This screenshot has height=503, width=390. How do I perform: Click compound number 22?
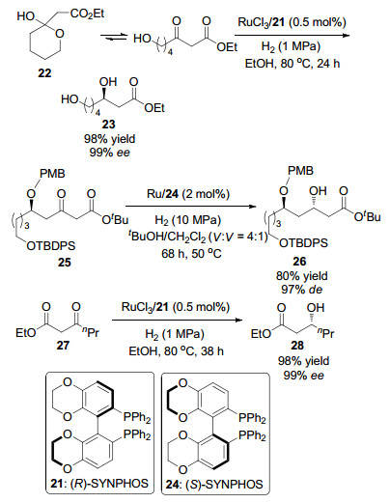tap(44, 73)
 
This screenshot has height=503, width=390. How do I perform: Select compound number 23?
tap(108, 125)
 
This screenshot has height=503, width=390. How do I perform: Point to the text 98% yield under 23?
tap(109, 139)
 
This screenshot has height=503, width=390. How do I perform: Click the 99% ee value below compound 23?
tap(109, 152)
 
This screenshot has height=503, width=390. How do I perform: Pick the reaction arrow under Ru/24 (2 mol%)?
tap(192, 207)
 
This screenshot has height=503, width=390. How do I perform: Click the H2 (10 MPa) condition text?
tap(188, 220)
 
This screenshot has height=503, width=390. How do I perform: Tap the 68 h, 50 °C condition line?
tap(191, 254)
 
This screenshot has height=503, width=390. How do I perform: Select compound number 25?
tap(64, 263)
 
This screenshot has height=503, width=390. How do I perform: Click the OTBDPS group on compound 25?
tap(51, 246)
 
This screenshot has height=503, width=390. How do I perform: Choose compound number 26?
tap(299, 262)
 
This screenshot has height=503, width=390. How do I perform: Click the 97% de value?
tap(301, 290)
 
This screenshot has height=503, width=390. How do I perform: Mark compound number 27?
tap(63, 345)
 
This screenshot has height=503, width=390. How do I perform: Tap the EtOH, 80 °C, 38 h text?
tap(176, 350)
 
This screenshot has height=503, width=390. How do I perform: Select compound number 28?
tap(297, 346)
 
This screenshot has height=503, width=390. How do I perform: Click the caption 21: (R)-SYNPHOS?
tap(99, 483)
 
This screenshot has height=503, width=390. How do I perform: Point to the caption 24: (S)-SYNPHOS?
tap(214, 484)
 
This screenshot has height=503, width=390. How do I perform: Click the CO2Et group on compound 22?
tap(88, 14)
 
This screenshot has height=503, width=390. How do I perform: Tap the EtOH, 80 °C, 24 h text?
tap(292, 64)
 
